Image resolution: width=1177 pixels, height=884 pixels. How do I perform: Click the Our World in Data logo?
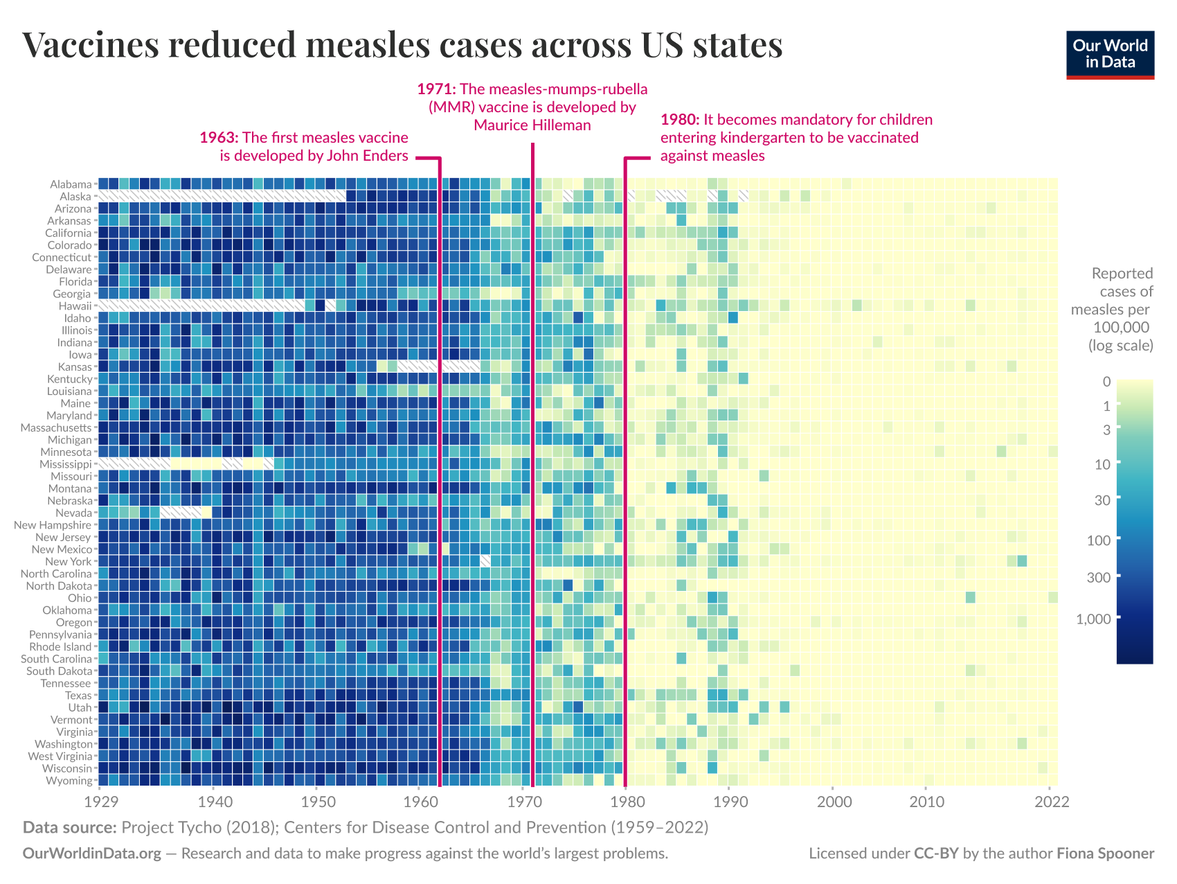1110,55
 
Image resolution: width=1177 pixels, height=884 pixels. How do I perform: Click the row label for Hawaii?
75,306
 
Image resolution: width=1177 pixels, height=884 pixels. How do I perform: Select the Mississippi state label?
65,464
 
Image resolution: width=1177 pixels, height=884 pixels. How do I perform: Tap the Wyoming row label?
69,781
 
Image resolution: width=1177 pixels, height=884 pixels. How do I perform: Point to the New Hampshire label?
53,525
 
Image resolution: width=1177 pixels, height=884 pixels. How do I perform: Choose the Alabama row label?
71,184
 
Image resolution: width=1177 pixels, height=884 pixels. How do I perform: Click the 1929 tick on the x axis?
99,802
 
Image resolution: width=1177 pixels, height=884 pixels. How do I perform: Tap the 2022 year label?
1052,802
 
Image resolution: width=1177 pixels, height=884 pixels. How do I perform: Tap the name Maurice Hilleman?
532,125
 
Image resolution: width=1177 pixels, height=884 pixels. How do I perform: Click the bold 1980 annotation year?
680,119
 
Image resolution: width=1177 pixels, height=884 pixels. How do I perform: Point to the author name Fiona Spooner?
1105,854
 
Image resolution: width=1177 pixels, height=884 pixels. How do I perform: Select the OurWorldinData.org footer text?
92,854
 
